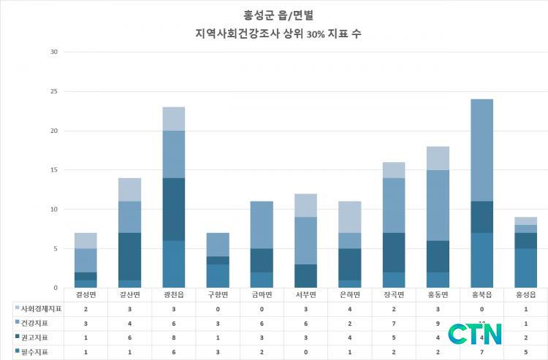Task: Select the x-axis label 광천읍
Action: pos(174,294)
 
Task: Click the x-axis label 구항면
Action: pos(218,294)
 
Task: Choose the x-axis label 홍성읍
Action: pos(525,294)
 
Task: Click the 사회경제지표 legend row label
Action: pos(41,309)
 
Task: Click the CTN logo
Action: pos(475,334)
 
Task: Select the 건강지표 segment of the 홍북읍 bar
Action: pos(482,150)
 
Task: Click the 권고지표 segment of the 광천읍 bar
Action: pos(174,209)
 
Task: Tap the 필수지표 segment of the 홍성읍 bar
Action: pos(525,268)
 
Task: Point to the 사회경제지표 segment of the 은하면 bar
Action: pos(349,217)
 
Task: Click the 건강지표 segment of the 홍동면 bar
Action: pos(438,205)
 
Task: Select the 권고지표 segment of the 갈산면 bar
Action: pos(130,256)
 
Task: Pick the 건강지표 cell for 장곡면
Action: pos(394,323)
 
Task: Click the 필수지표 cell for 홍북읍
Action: pos(482,352)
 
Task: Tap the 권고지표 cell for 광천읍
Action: pos(174,337)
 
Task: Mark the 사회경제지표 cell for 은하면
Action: pos(349,309)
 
